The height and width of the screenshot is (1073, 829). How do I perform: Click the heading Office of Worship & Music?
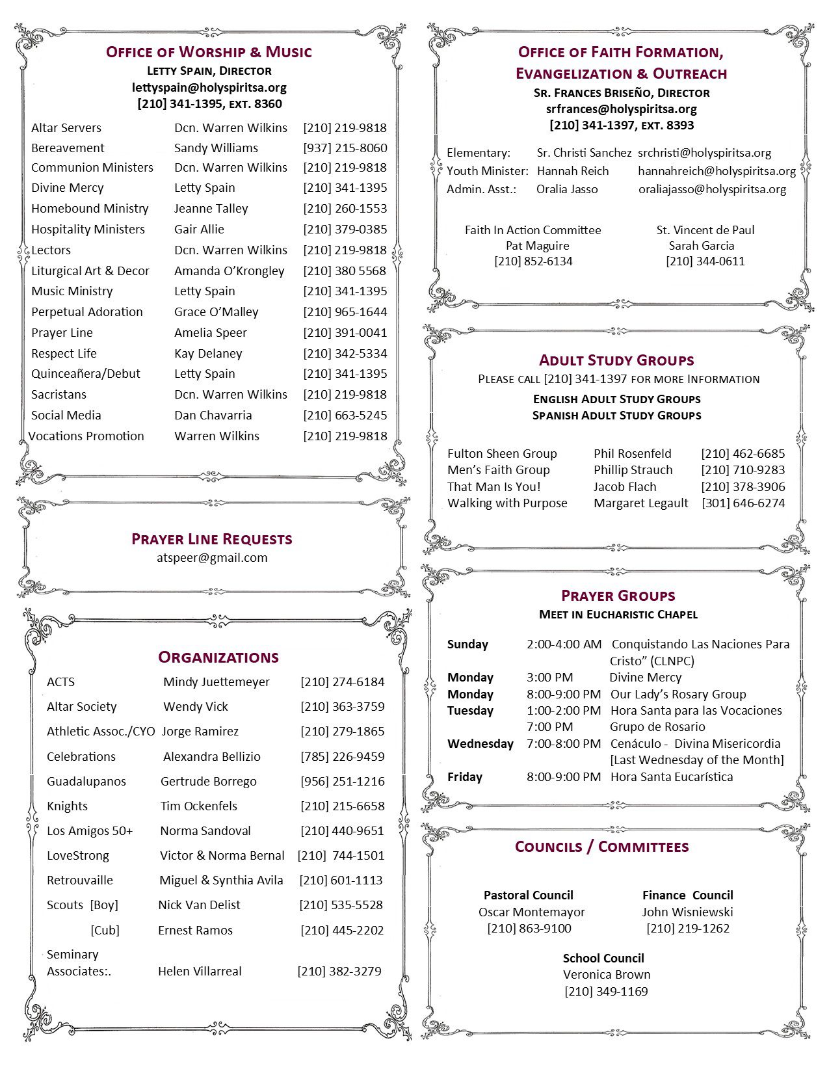[x=209, y=52]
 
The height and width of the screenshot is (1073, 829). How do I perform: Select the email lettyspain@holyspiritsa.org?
[x=209, y=87]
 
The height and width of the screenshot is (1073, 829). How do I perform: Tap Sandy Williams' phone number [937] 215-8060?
[x=345, y=148]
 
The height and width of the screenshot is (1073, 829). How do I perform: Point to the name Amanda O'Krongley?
[x=229, y=271]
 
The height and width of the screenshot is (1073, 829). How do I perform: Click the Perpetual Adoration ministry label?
[x=87, y=312]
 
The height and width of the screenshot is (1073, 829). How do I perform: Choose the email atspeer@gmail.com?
[x=212, y=557]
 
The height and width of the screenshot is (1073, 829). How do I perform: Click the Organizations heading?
[x=218, y=657]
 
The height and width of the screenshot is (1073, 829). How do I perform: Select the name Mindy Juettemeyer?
[x=216, y=682]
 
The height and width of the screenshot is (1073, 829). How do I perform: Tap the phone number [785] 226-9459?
[x=342, y=756]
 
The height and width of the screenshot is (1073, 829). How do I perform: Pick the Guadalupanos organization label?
[x=86, y=782]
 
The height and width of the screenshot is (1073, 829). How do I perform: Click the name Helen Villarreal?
[x=200, y=972]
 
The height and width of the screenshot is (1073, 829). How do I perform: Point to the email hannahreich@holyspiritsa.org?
[x=717, y=171]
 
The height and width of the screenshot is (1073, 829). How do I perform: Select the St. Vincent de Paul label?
[x=705, y=230]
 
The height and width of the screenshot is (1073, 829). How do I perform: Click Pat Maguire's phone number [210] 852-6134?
[x=533, y=261]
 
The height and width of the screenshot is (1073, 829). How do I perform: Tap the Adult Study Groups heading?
[x=616, y=360]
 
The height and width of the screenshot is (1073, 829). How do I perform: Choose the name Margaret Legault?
[x=640, y=503]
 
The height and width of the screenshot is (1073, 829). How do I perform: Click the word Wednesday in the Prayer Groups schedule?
[x=480, y=744]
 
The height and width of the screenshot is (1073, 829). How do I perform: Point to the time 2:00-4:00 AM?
[x=564, y=644]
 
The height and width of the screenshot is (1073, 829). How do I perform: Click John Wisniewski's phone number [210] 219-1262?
[x=688, y=929]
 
